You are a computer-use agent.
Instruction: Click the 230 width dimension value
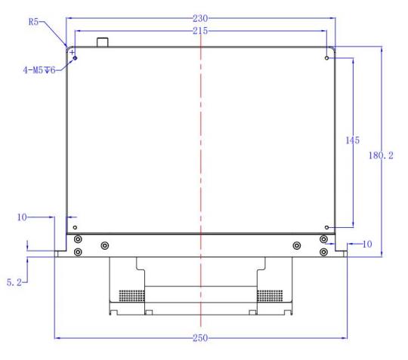[200, 18]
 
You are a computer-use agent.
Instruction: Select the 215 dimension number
[200, 31]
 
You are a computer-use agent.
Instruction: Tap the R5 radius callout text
[33, 22]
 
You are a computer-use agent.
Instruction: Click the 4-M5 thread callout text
[39, 70]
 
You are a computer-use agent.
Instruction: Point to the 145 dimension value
[353, 140]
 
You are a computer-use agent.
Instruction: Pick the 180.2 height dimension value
[381, 155]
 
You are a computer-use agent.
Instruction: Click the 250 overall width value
[200, 338]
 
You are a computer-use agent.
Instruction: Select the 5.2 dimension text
[14, 282]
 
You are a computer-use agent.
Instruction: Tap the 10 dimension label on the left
[22, 217]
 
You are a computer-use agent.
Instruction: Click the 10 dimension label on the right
[367, 244]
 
